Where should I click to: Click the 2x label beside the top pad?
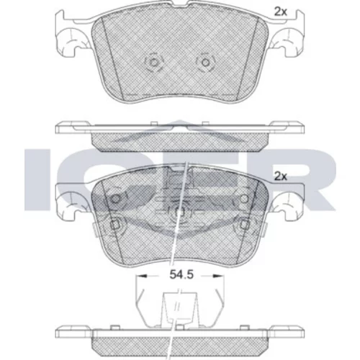point(281,12)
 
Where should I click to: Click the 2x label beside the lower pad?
point(281,176)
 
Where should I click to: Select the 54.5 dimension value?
point(181,274)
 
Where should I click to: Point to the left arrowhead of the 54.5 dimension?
point(141,276)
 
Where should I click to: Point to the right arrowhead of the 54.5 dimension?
point(219,276)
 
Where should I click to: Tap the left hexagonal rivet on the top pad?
point(154,63)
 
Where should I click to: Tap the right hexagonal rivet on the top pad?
point(205,63)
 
